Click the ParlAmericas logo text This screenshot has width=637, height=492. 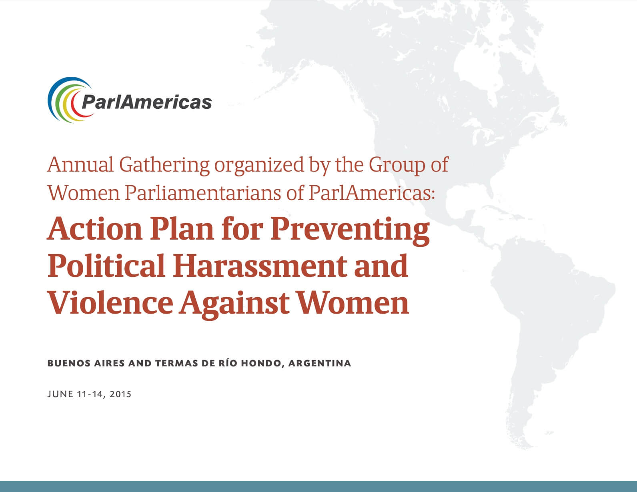(146, 102)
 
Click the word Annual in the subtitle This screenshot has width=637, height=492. (80, 165)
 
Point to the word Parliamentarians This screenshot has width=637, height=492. (202, 193)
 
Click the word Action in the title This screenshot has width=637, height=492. (95, 229)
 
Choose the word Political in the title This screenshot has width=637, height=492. (106, 265)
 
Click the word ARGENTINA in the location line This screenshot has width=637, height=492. (320, 363)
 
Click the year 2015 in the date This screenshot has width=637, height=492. (120, 394)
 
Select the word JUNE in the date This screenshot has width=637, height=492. (60, 394)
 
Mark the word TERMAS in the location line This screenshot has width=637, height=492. (176, 363)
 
